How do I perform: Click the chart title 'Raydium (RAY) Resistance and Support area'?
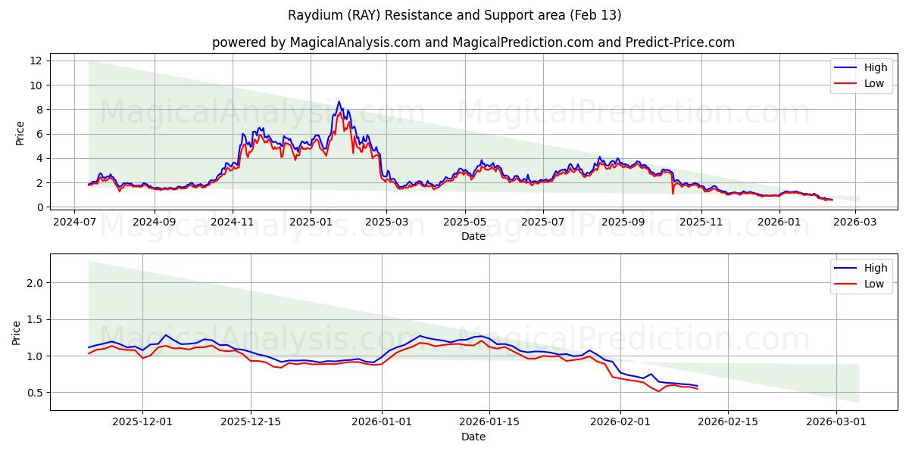454,15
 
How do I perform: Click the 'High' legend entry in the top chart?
875,67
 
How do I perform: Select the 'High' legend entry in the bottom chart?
875,268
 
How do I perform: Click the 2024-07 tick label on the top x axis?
73,222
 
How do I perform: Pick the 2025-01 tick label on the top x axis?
311,222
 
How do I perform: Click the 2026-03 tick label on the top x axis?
854,222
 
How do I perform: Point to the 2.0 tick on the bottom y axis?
35,283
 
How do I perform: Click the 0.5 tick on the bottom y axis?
35,393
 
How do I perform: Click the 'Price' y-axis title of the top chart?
20,133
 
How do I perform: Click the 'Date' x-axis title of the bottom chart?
473,437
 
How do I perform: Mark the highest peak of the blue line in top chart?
339,101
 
